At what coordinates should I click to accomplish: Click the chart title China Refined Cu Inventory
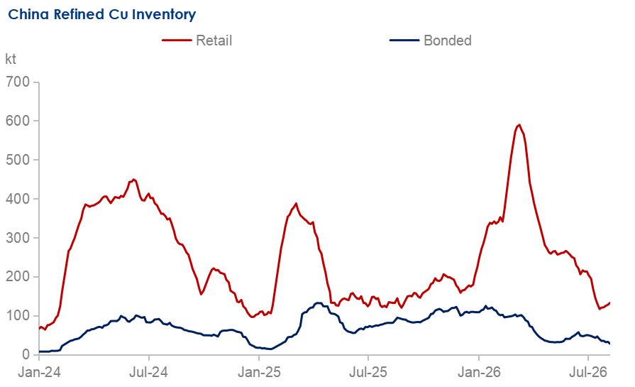click(102, 15)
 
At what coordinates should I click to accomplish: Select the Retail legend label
click(214, 40)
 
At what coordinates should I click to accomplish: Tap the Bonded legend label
click(448, 40)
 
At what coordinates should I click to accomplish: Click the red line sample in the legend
click(177, 40)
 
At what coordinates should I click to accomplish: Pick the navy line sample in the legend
click(404, 40)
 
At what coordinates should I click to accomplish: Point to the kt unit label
click(11, 59)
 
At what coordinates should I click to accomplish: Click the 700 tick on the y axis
click(18, 82)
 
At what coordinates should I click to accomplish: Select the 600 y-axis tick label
click(18, 121)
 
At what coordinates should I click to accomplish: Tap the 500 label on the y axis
click(18, 160)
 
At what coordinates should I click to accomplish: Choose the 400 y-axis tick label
click(18, 199)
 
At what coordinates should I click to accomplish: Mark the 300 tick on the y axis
click(18, 237)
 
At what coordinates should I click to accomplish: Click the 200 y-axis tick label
click(18, 276)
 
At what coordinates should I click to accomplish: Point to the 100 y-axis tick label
click(18, 315)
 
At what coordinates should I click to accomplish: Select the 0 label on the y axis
click(26, 354)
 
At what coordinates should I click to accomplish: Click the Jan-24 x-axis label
click(39, 372)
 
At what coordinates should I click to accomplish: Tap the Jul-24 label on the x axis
click(148, 372)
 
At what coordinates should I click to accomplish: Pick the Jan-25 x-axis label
click(259, 372)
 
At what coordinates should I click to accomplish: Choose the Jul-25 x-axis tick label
click(368, 372)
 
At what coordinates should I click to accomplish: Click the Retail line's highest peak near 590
click(519, 125)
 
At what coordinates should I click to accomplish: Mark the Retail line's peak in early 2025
click(296, 203)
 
